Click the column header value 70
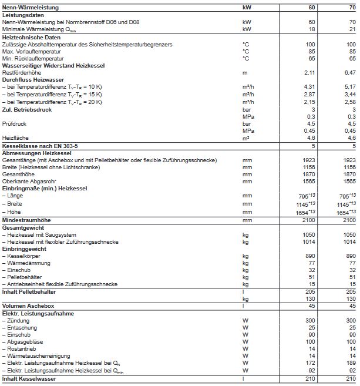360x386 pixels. pos(352,7)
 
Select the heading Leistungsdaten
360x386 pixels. pos(22,15)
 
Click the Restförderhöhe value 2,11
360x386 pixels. pos(309,72)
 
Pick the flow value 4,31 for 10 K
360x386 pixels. pos(309,87)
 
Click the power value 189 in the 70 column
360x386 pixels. pos(351,363)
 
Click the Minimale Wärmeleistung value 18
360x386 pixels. pos(311,29)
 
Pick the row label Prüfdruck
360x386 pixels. pos(16,123)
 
